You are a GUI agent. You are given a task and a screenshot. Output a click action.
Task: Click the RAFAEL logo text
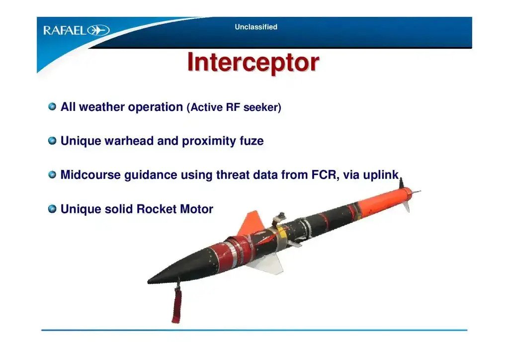click(65, 30)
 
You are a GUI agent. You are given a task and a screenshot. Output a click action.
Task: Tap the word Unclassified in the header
click(256, 27)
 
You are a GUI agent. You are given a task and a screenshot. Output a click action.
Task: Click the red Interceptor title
click(253, 62)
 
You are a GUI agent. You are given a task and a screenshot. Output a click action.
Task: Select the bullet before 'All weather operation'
click(52, 106)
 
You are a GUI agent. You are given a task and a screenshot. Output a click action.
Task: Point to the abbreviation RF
click(233, 107)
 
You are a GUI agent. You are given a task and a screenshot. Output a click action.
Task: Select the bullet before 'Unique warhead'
click(52, 141)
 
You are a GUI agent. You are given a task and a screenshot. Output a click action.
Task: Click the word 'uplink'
click(381, 175)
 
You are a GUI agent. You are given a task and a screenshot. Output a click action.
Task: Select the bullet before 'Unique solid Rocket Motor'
click(52, 208)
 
